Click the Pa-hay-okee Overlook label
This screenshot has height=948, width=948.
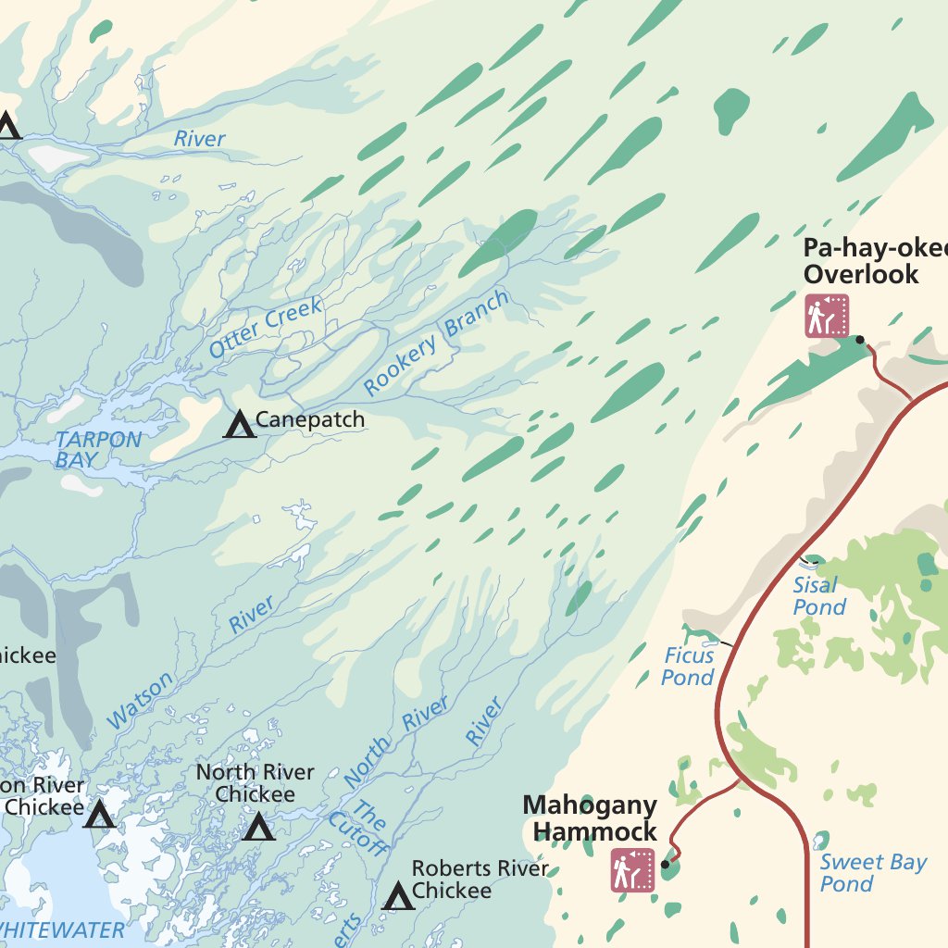(x=875, y=261)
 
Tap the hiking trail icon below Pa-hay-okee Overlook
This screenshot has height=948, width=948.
(x=827, y=316)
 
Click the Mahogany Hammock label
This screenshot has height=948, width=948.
(x=590, y=817)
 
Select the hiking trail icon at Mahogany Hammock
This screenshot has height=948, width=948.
(x=632, y=870)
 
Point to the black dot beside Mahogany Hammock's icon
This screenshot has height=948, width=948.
(x=665, y=866)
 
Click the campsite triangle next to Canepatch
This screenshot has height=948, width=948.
(x=240, y=424)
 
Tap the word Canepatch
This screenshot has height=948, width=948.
(x=310, y=420)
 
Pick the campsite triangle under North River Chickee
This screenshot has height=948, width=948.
(x=259, y=827)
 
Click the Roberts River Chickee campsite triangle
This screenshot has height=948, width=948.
(x=399, y=896)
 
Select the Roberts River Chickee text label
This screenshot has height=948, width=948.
(x=480, y=879)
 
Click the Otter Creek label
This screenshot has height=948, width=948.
(x=266, y=328)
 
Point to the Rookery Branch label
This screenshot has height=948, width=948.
(x=436, y=343)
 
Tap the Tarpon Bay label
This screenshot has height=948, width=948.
(x=96, y=450)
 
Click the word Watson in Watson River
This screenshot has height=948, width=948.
(x=141, y=701)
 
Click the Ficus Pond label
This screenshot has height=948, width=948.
(x=689, y=667)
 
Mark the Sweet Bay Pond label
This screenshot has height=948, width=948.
(x=872, y=873)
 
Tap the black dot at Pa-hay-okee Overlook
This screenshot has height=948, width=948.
(x=860, y=340)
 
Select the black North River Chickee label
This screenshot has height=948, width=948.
(x=255, y=783)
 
